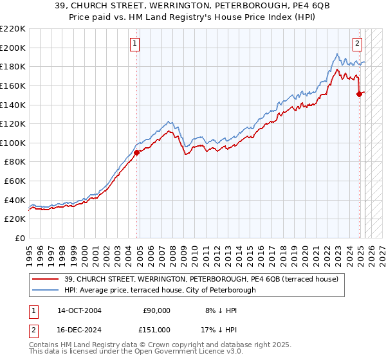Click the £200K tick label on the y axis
[x=13, y=48]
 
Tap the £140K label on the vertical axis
[x=13, y=105]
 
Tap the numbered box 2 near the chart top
[x=357, y=44]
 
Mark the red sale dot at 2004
[x=137, y=153]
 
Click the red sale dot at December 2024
[x=360, y=94]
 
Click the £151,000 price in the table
[x=154, y=329]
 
